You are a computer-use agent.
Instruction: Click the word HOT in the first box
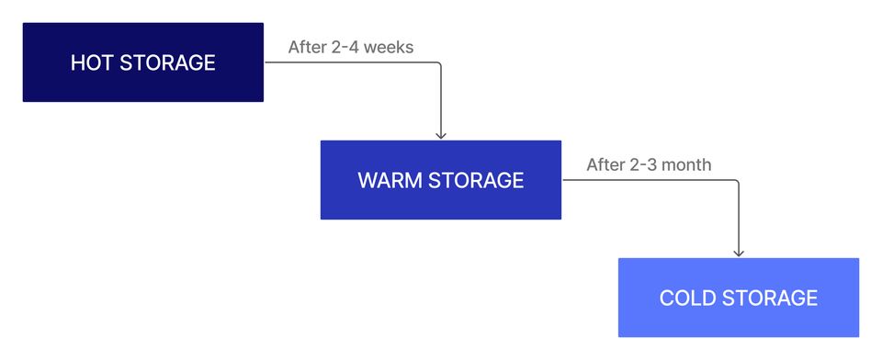click(x=92, y=63)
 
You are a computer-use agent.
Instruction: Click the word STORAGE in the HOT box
click(x=167, y=63)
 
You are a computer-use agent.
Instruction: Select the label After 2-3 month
click(x=649, y=165)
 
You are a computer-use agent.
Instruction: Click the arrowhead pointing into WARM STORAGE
click(x=441, y=135)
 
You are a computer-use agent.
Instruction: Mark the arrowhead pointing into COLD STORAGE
click(x=739, y=253)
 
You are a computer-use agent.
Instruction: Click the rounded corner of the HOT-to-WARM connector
click(x=439, y=64)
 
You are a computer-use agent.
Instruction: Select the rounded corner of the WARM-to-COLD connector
click(x=737, y=182)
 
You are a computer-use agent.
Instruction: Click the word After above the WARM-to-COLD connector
click(x=605, y=165)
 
